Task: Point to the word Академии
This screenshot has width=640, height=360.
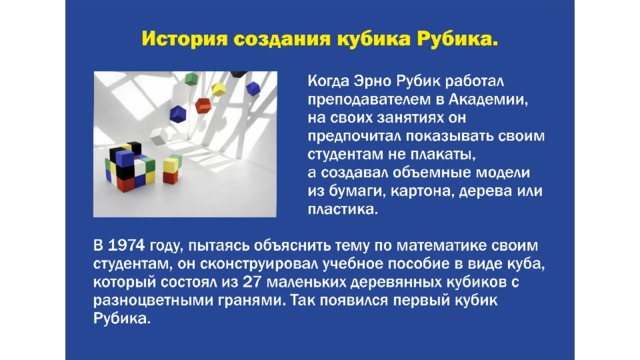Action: (x=488, y=100)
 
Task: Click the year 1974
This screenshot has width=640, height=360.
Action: (x=126, y=246)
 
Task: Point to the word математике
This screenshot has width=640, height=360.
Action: (x=441, y=246)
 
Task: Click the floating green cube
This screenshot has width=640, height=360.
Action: (x=191, y=78)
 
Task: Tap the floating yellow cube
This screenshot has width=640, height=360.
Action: (x=219, y=89)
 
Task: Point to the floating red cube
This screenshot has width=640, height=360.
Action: (x=203, y=106)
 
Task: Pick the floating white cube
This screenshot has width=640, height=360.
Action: (x=158, y=135)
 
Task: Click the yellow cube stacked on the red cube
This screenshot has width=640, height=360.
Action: (x=171, y=165)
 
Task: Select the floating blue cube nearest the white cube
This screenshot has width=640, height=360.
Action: (x=178, y=114)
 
